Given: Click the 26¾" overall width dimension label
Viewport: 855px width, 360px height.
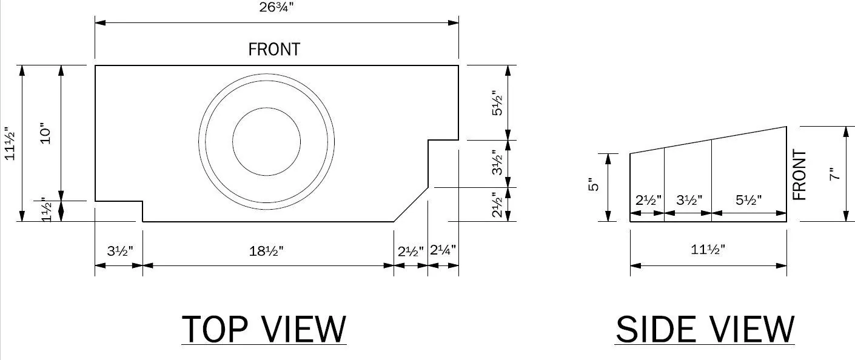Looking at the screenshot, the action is coord(277,7).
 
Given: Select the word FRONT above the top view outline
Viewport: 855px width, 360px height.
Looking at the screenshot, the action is coord(274,50).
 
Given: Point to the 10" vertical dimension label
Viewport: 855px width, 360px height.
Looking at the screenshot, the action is coord(45,133).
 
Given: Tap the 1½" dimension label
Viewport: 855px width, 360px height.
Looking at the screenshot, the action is coord(46,209).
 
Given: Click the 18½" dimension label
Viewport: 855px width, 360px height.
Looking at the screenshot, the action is coord(266,251).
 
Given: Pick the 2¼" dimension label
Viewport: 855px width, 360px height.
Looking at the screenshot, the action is coord(443,250).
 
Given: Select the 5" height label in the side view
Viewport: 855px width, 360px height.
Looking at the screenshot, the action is coord(594,185).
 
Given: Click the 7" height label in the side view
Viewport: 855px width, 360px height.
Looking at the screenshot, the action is coord(835,174).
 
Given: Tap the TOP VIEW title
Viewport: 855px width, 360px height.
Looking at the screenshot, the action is coord(264,330).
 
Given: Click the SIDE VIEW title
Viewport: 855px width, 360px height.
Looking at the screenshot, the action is coord(705,330).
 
